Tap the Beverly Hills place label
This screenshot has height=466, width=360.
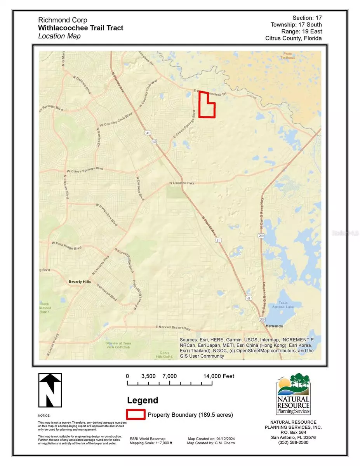tap(79, 282)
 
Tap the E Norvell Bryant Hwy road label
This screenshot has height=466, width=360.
tap(172, 327)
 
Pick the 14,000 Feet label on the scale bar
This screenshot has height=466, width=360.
tap(219, 376)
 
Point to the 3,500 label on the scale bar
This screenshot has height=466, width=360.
tap(148, 376)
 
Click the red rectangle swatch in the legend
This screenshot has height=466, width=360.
tap(136, 415)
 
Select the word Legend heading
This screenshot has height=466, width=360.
tap(143, 400)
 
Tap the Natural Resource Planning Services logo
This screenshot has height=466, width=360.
tap(293, 394)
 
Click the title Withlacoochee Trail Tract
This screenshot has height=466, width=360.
tap(81, 28)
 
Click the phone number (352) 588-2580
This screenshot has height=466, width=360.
tap(293, 442)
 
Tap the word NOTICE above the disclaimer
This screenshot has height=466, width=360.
tap(44, 416)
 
